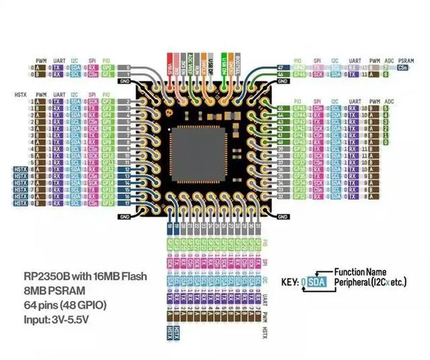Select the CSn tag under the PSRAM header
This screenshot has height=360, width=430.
tap(403, 68)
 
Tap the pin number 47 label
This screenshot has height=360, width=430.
tap(280, 68)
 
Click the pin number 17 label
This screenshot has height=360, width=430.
tap(126, 202)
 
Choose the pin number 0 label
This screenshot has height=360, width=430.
tap(126, 68)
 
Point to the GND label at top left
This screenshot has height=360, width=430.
tap(124, 82)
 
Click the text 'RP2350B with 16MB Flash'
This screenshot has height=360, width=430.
tap(85, 277)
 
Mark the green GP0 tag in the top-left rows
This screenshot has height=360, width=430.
tap(106, 68)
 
